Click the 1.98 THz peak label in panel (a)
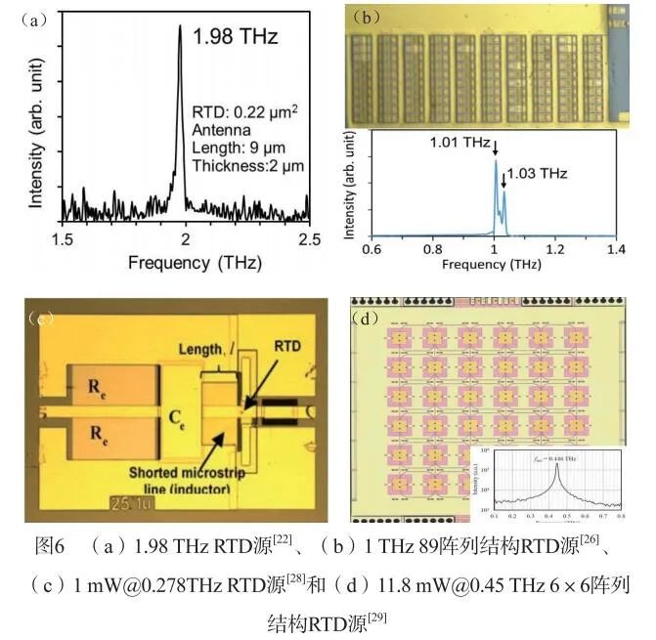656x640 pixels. click(x=236, y=38)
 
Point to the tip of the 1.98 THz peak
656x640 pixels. click(x=180, y=26)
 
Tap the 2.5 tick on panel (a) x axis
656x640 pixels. click(x=309, y=239)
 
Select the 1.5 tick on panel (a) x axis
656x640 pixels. click(x=63, y=239)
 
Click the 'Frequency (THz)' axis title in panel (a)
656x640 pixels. click(x=185, y=262)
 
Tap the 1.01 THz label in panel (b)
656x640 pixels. click(x=459, y=143)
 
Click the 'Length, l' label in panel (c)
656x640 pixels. click(x=212, y=349)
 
